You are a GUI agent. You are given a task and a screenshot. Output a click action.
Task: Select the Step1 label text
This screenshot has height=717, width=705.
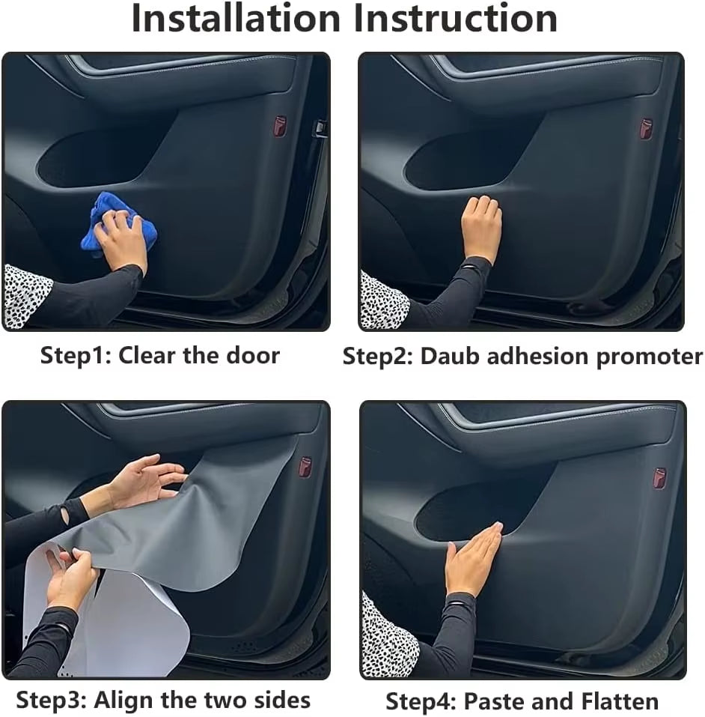(73, 354)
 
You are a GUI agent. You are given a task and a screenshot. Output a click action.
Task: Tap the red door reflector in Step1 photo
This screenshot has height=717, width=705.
(279, 125)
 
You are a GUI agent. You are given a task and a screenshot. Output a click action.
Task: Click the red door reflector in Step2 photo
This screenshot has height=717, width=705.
(646, 128)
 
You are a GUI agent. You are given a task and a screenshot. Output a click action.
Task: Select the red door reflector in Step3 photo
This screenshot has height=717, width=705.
(305, 467)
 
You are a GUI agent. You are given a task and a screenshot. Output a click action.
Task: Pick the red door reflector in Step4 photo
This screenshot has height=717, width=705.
(659, 478)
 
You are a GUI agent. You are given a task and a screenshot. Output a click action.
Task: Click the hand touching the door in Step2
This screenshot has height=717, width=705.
(480, 228)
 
